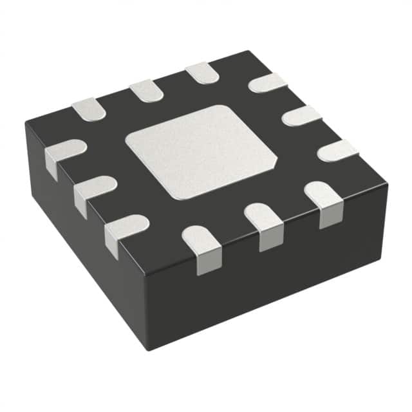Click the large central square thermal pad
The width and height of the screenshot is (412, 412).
click(201, 152)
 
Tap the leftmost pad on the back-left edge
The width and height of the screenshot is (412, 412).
click(88, 109)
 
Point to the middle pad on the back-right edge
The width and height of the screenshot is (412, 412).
click(301, 116)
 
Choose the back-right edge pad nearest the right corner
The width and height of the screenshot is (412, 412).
click(337, 150)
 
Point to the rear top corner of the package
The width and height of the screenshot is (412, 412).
click(248, 51)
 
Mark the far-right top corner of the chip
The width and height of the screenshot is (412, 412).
click(388, 182)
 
